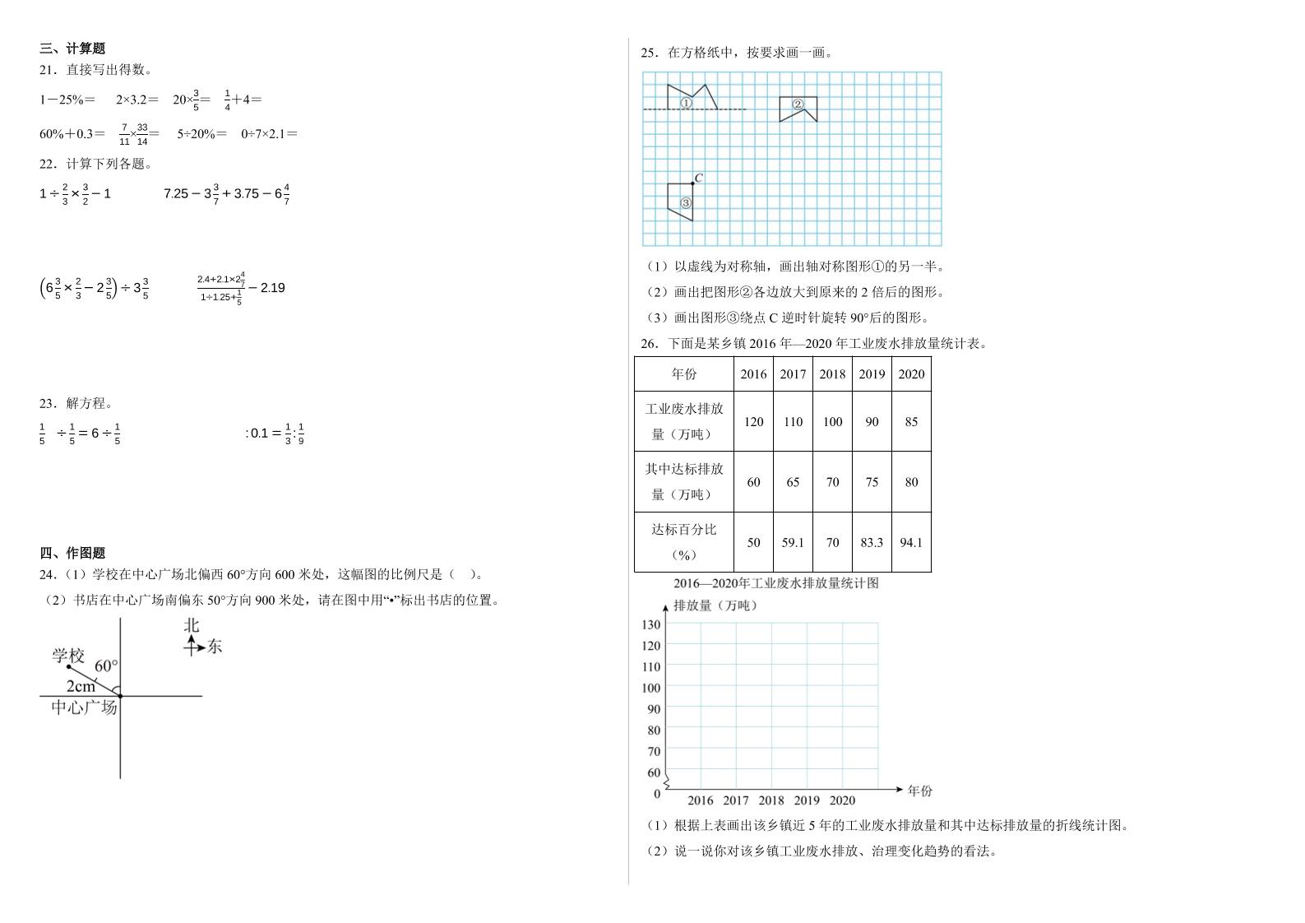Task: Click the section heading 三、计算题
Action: [x=72, y=49]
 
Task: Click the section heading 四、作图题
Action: [x=72, y=553]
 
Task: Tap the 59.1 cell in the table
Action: [x=793, y=542]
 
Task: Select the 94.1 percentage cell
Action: [x=911, y=542]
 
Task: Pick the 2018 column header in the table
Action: [x=832, y=374]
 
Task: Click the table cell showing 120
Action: [x=753, y=422]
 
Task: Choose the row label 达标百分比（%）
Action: [x=684, y=541]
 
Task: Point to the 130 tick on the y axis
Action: [x=650, y=624]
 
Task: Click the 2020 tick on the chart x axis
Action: [x=842, y=800]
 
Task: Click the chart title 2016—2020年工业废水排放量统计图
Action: [x=775, y=583]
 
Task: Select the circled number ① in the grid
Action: [x=686, y=104]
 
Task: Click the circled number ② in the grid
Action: [x=798, y=104]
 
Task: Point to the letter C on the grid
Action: [x=698, y=178]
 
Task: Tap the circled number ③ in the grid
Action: [x=686, y=202]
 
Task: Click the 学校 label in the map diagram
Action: [x=68, y=656]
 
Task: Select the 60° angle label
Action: [x=106, y=666]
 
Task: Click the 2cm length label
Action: [x=81, y=686]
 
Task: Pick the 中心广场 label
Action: [x=84, y=707]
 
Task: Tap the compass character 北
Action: [x=192, y=625]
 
